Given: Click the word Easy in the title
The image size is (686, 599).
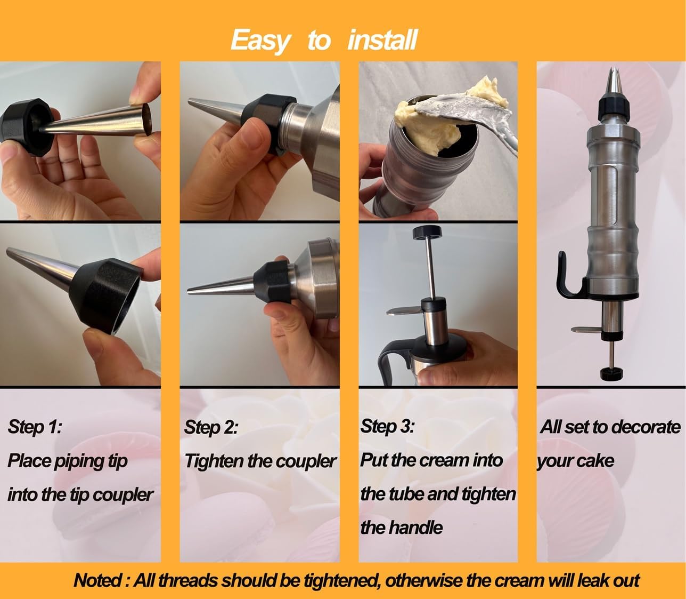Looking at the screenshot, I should [x=260, y=41].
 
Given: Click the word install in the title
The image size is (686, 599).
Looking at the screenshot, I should [x=382, y=41].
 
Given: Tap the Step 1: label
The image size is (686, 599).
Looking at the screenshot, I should [x=35, y=427].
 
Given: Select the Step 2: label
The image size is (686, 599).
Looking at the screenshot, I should [x=211, y=427].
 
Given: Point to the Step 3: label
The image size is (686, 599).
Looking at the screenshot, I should [x=387, y=426].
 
